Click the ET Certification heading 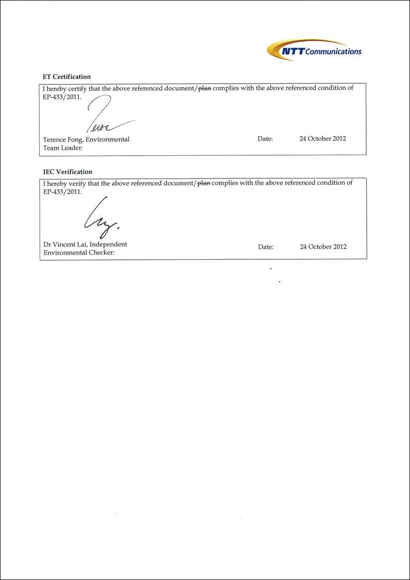[67, 77]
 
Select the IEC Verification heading [68, 172]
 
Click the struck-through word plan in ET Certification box [204, 88]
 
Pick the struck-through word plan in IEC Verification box [204, 183]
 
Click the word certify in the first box [77, 88]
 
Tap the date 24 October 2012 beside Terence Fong [323, 139]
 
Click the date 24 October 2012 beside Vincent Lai [323, 246]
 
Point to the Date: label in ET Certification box [265, 139]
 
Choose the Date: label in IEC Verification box [266, 247]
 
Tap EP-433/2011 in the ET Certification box [62, 96]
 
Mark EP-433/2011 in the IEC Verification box [62, 191]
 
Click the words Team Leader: [63, 148]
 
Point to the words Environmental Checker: [79, 253]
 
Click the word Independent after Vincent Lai [108, 244]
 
